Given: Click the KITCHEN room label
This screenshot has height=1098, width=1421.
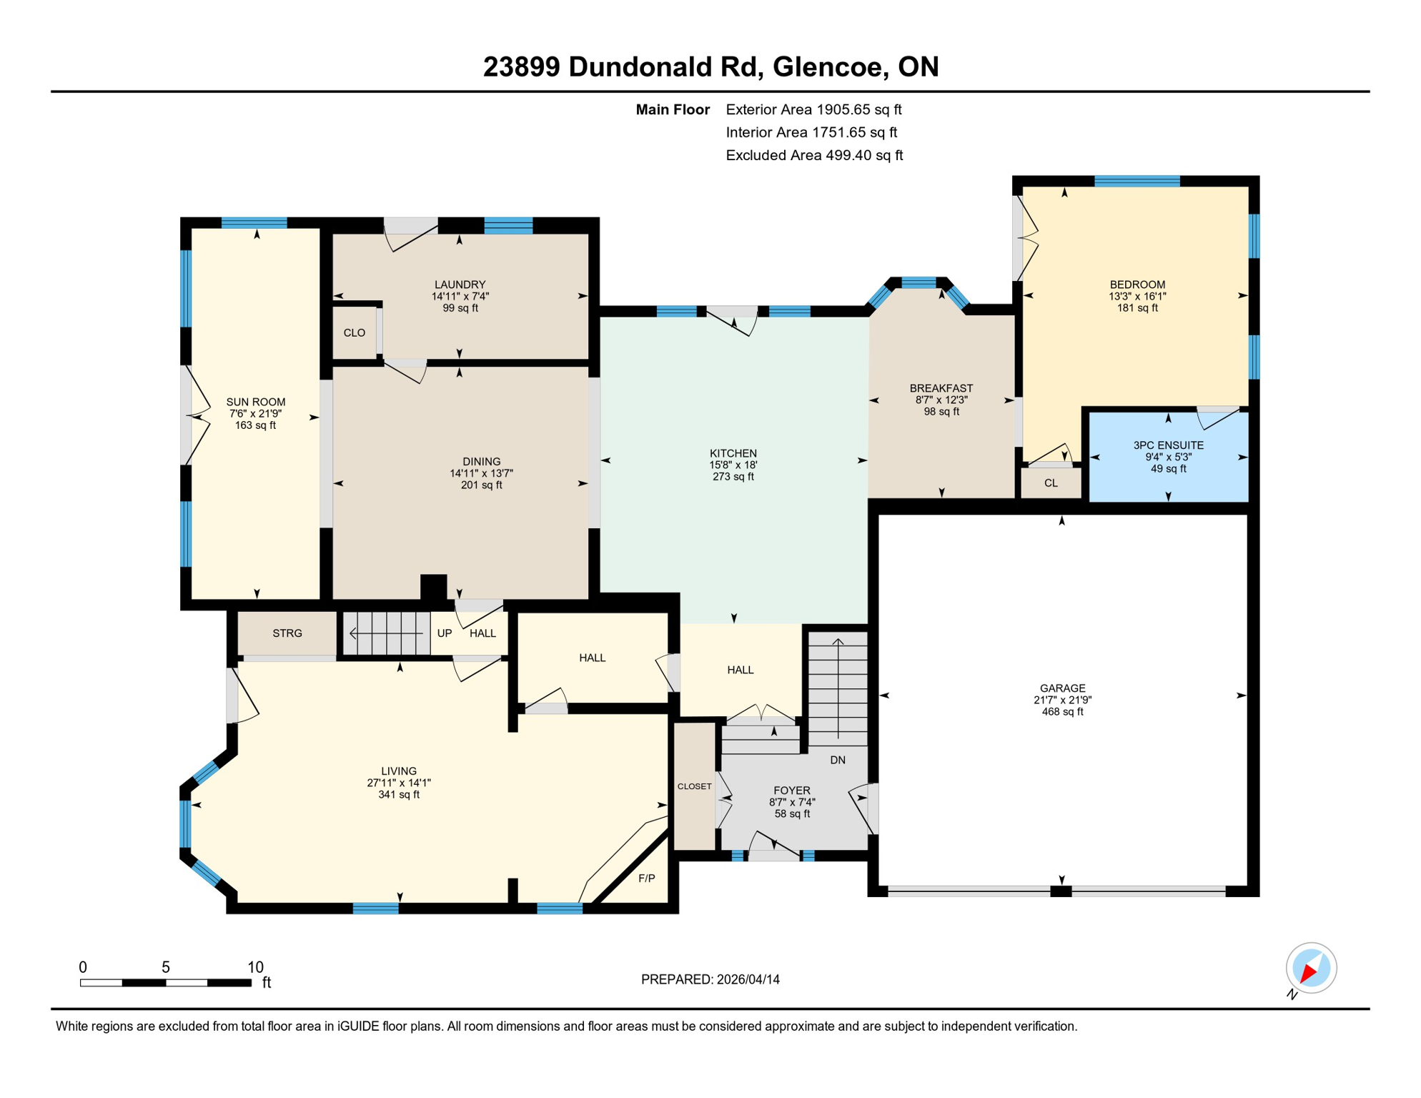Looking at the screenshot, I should (733, 453).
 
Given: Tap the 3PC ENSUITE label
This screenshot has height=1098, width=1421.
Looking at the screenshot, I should (1168, 445).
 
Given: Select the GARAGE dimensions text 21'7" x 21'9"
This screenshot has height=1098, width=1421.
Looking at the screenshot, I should (1062, 701).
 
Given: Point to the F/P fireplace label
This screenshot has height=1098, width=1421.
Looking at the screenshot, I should (646, 879).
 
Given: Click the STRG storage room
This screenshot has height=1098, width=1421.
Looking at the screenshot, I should (287, 633).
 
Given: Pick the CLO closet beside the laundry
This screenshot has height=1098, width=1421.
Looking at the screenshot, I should (354, 333).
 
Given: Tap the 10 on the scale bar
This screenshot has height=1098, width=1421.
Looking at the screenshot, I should (255, 968).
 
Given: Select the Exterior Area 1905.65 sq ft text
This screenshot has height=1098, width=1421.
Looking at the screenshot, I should (813, 109).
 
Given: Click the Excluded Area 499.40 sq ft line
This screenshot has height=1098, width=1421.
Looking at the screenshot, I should (814, 155).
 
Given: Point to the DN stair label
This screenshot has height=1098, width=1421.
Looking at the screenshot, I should (838, 760).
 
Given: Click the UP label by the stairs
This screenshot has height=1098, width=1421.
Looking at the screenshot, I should (444, 633).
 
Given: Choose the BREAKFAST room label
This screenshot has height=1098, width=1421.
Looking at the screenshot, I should (941, 388).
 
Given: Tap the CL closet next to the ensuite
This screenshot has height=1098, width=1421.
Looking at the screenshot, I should (1050, 483).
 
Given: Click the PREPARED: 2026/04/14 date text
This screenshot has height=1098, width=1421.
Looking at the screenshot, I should (710, 979).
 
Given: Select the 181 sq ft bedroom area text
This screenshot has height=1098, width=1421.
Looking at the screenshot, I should (1137, 308).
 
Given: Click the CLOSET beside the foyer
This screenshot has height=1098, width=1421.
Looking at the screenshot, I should (694, 786).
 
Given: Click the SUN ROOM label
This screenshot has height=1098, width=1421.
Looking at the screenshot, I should (255, 402).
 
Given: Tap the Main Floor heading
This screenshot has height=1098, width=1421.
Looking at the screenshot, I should (672, 109).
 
